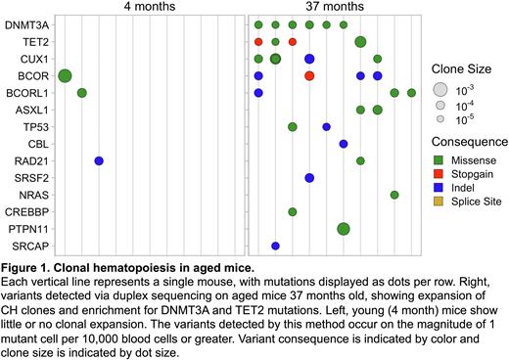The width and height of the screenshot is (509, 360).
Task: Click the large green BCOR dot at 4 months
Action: pyautogui.click(x=65, y=75)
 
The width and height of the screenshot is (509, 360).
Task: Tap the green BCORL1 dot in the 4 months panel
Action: pyautogui.click(x=82, y=93)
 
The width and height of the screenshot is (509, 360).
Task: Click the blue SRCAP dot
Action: pyautogui.click(x=275, y=246)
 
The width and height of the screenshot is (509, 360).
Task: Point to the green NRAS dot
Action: pyautogui.click(x=394, y=195)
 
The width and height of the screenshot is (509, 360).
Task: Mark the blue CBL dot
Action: pyautogui.click(x=344, y=144)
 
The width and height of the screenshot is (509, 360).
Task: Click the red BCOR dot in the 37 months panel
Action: pyautogui.click(x=309, y=75)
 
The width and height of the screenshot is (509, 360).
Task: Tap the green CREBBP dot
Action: pyautogui.click(x=293, y=211)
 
